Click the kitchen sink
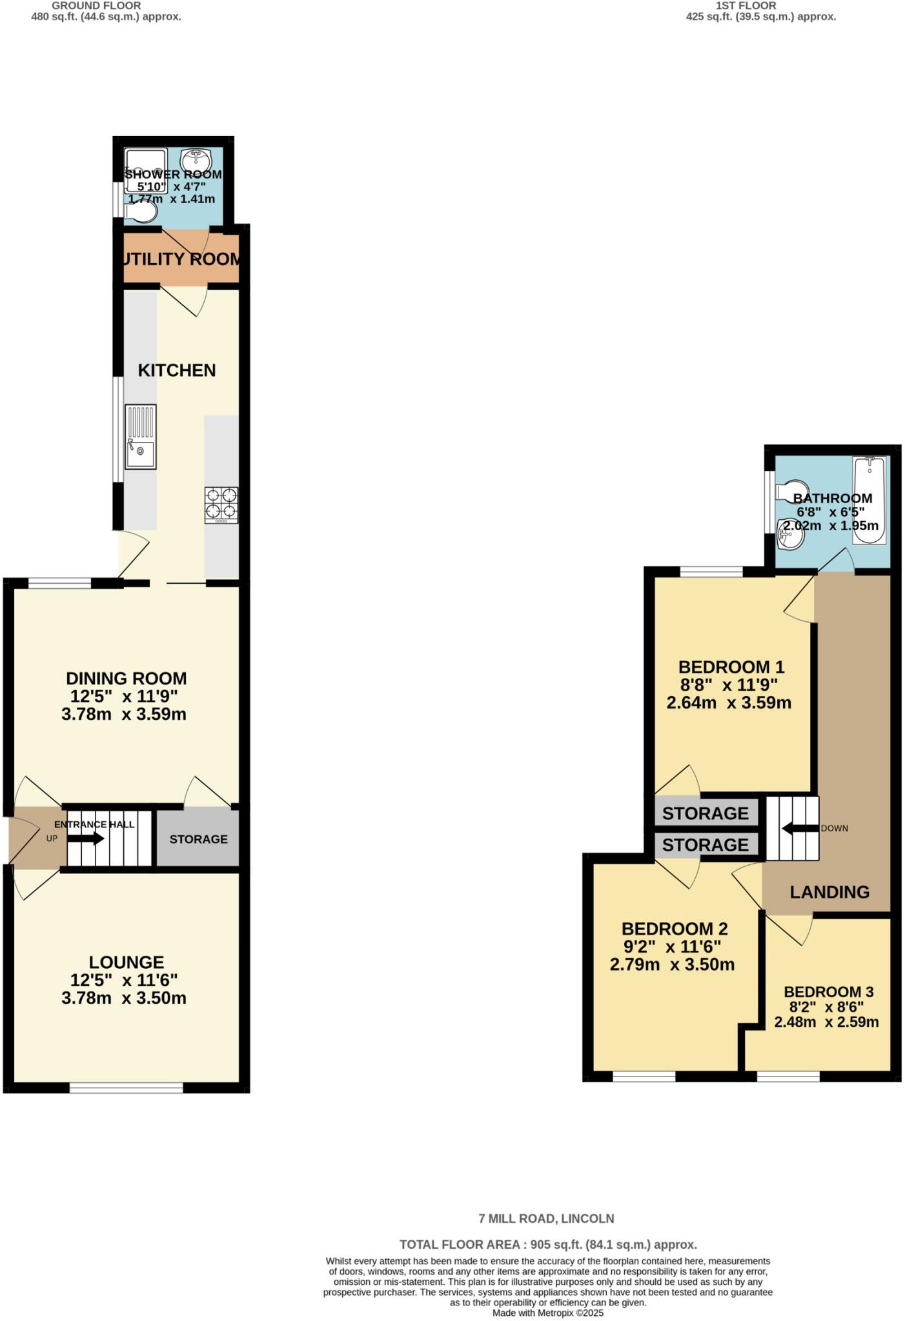(x=141, y=437)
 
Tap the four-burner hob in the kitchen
(x=221, y=504)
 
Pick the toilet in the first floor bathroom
(x=793, y=490)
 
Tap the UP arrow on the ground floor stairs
(x=85, y=839)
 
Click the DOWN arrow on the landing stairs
(x=797, y=828)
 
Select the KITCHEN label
(x=177, y=370)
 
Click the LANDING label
(x=829, y=892)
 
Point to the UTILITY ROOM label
(x=181, y=259)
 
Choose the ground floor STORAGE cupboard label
(x=198, y=839)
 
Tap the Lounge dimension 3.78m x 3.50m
(x=124, y=998)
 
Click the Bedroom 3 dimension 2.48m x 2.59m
(x=826, y=1022)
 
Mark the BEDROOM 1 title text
(x=731, y=667)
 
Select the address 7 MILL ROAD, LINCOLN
(x=546, y=1218)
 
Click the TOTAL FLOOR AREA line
(x=548, y=1244)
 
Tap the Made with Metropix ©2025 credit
(x=548, y=1313)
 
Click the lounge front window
(x=127, y=1088)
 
